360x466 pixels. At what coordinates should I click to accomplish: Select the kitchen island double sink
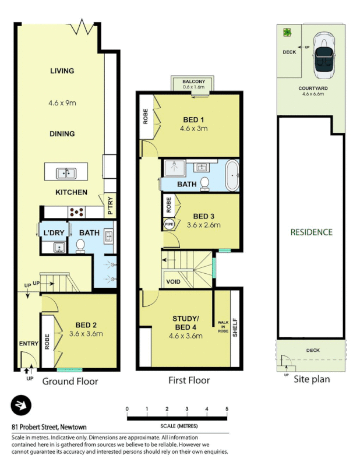(x=65, y=173)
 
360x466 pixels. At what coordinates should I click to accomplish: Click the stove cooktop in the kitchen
(x=77, y=212)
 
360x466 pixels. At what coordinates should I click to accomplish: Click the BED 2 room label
(x=86, y=325)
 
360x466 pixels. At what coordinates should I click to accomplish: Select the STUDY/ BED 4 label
(x=185, y=323)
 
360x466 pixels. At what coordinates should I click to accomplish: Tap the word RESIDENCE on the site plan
(x=312, y=232)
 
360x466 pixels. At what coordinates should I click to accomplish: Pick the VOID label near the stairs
(x=174, y=282)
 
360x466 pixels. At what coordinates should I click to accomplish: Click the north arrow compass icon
(x=22, y=405)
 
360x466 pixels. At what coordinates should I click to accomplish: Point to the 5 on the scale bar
(x=227, y=409)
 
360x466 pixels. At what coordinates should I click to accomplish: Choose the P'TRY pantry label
(x=110, y=206)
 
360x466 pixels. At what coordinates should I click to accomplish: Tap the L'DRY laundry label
(x=53, y=233)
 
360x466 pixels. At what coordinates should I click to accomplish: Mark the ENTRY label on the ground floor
(x=28, y=344)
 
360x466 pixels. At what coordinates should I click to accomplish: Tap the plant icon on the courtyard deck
(x=287, y=33)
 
